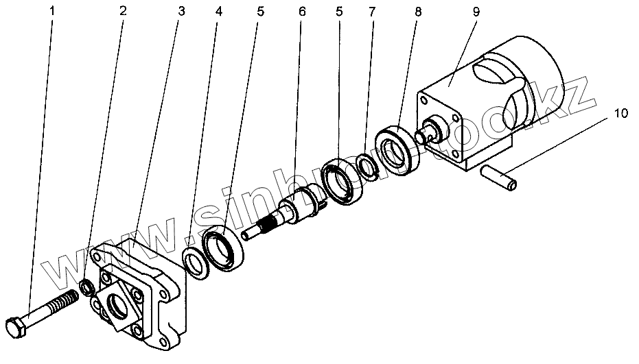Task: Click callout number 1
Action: click(x=51, y=12)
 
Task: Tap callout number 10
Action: click(x=620, y=113)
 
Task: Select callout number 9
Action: click(x=476, y=12)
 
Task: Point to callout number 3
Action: click(x=181, y=12)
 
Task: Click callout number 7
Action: click(x=371, y=12)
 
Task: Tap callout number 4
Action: click(x=218, y=12)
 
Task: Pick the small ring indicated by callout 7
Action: click(x=367, y=167)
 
